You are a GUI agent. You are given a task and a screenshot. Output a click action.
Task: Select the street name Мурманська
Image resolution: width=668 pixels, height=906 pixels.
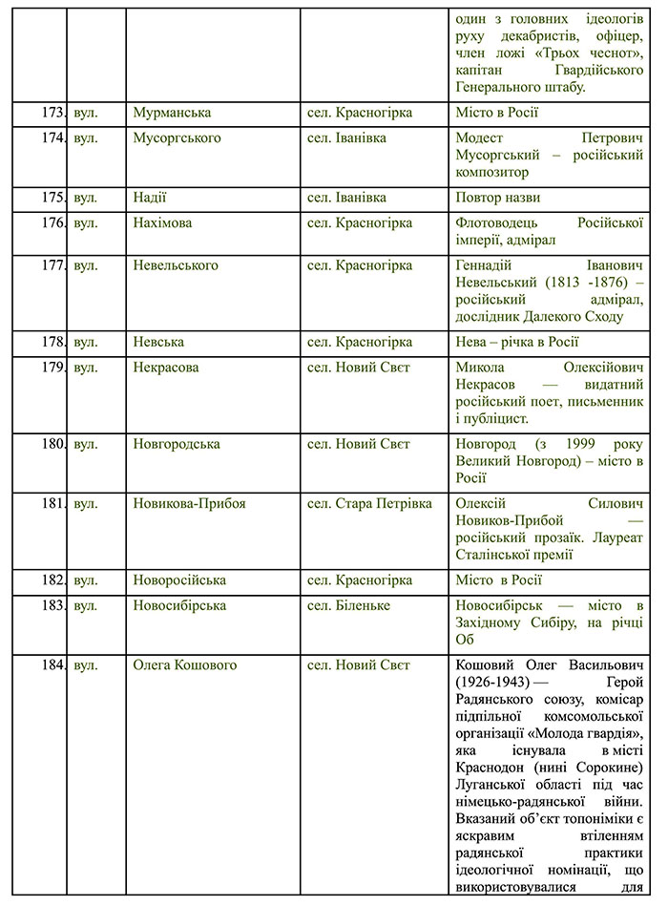(x=172, y=113)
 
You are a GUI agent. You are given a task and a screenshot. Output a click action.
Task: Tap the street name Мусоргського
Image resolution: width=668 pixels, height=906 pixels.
(x=177, y=138)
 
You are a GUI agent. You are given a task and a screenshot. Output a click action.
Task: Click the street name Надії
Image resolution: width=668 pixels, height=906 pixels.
(x=150, y=198)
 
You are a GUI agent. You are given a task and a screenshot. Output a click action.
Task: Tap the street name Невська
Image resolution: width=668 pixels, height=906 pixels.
(x=158, y=342)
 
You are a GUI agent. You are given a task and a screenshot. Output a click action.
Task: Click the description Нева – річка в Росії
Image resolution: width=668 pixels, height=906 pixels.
(x=518, y=342)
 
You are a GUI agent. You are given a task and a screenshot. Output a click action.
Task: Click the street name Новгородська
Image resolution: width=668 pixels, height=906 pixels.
(x=177, y=444)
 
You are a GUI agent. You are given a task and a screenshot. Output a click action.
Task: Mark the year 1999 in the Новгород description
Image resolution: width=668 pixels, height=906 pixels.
(x=583, y=444)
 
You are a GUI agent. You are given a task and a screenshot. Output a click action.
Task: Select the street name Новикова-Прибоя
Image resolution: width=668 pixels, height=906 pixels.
(x=190, y=503)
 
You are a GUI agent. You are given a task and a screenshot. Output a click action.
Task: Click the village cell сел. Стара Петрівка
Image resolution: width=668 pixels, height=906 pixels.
(x=369, y=503)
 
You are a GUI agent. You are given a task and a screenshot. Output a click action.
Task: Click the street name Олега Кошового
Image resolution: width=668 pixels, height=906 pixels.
(x=185, y=664)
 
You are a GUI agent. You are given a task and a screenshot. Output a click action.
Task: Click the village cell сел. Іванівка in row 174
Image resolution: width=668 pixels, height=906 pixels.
(x=347, y=138)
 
